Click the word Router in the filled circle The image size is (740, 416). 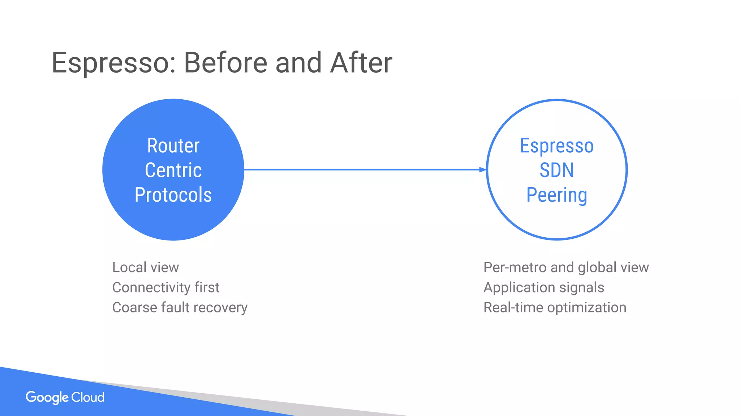coord(173,146)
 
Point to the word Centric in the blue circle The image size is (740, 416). coord(173,170)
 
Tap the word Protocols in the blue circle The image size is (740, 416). coord(173,195)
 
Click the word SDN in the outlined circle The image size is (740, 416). coord(556,170)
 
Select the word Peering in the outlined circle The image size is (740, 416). coord(556,195)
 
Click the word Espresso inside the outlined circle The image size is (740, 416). coord(556,146)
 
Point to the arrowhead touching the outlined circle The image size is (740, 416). coord(483,169)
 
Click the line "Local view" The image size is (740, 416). coord(145,268)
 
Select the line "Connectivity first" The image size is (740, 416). coord(165,287)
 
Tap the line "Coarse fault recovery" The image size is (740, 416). coord(180,308)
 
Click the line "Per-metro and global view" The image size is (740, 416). coord(566,268)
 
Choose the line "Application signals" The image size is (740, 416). coord(543,287)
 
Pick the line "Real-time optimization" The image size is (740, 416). coord(555,308)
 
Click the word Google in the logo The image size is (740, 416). coord(47,398)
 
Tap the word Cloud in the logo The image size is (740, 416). coord(88,397)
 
